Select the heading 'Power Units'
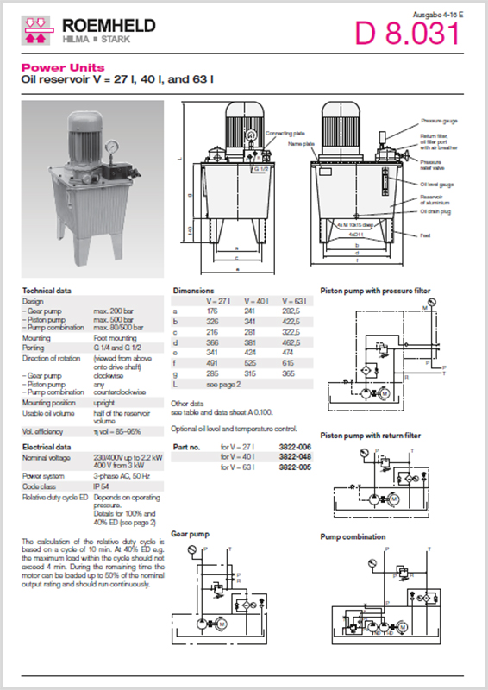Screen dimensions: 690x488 (x=63, y=67)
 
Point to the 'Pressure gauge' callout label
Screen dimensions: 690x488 (x=437, y=122)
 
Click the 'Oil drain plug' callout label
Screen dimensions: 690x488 (x=435, y=211)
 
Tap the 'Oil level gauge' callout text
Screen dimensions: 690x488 (x=436, y=184)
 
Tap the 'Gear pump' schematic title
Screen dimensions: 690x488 (x=191, y=535)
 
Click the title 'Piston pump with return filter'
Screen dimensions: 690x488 (x=374, y=436)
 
